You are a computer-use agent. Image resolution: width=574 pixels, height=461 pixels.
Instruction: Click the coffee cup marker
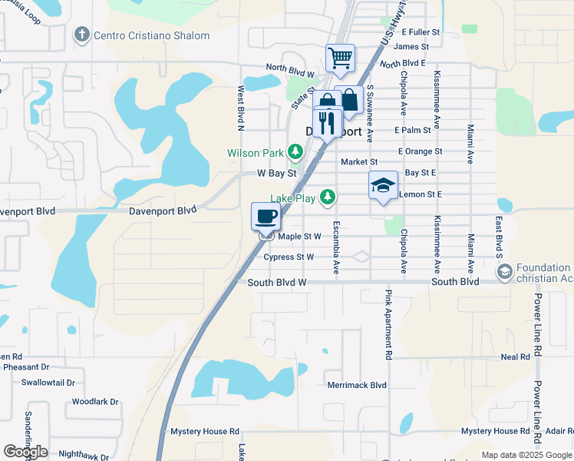click(266, 215)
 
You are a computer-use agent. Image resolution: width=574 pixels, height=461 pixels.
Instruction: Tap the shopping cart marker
click(340, 58)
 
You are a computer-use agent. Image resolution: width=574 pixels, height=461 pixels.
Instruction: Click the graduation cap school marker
click(383, 185)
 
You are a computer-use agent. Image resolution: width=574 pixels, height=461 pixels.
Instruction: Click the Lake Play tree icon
click(328, 198)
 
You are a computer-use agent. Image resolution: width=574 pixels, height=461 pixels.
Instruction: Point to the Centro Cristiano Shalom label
click(152, 35)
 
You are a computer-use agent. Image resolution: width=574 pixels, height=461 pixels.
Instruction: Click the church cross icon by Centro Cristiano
click(82, 35)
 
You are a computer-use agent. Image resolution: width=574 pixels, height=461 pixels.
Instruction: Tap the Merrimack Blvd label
click(356, 385)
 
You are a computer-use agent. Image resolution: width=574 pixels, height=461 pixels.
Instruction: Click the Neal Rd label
click(515, 357)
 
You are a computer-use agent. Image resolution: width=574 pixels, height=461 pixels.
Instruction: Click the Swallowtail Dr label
click(48, 382)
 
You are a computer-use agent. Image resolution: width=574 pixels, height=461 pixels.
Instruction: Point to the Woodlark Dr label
click(95, 401)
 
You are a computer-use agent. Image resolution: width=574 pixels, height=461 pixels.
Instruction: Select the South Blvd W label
click(277, 283)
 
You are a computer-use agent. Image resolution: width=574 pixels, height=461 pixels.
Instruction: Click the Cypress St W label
click(289, 257)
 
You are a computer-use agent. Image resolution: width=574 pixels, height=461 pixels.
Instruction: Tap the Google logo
click(25, 452)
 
